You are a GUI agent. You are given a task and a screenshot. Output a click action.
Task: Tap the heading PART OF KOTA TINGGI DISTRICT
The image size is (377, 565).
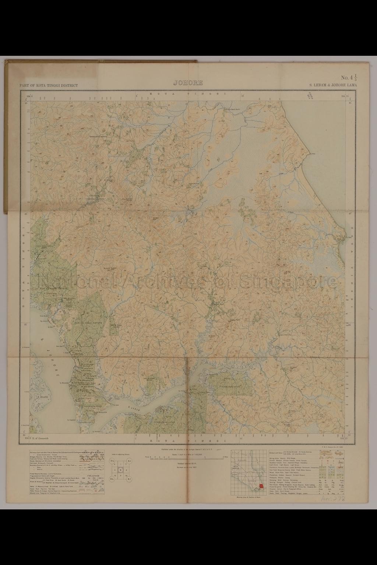49,85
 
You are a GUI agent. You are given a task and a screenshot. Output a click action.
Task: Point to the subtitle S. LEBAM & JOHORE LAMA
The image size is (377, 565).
333,85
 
